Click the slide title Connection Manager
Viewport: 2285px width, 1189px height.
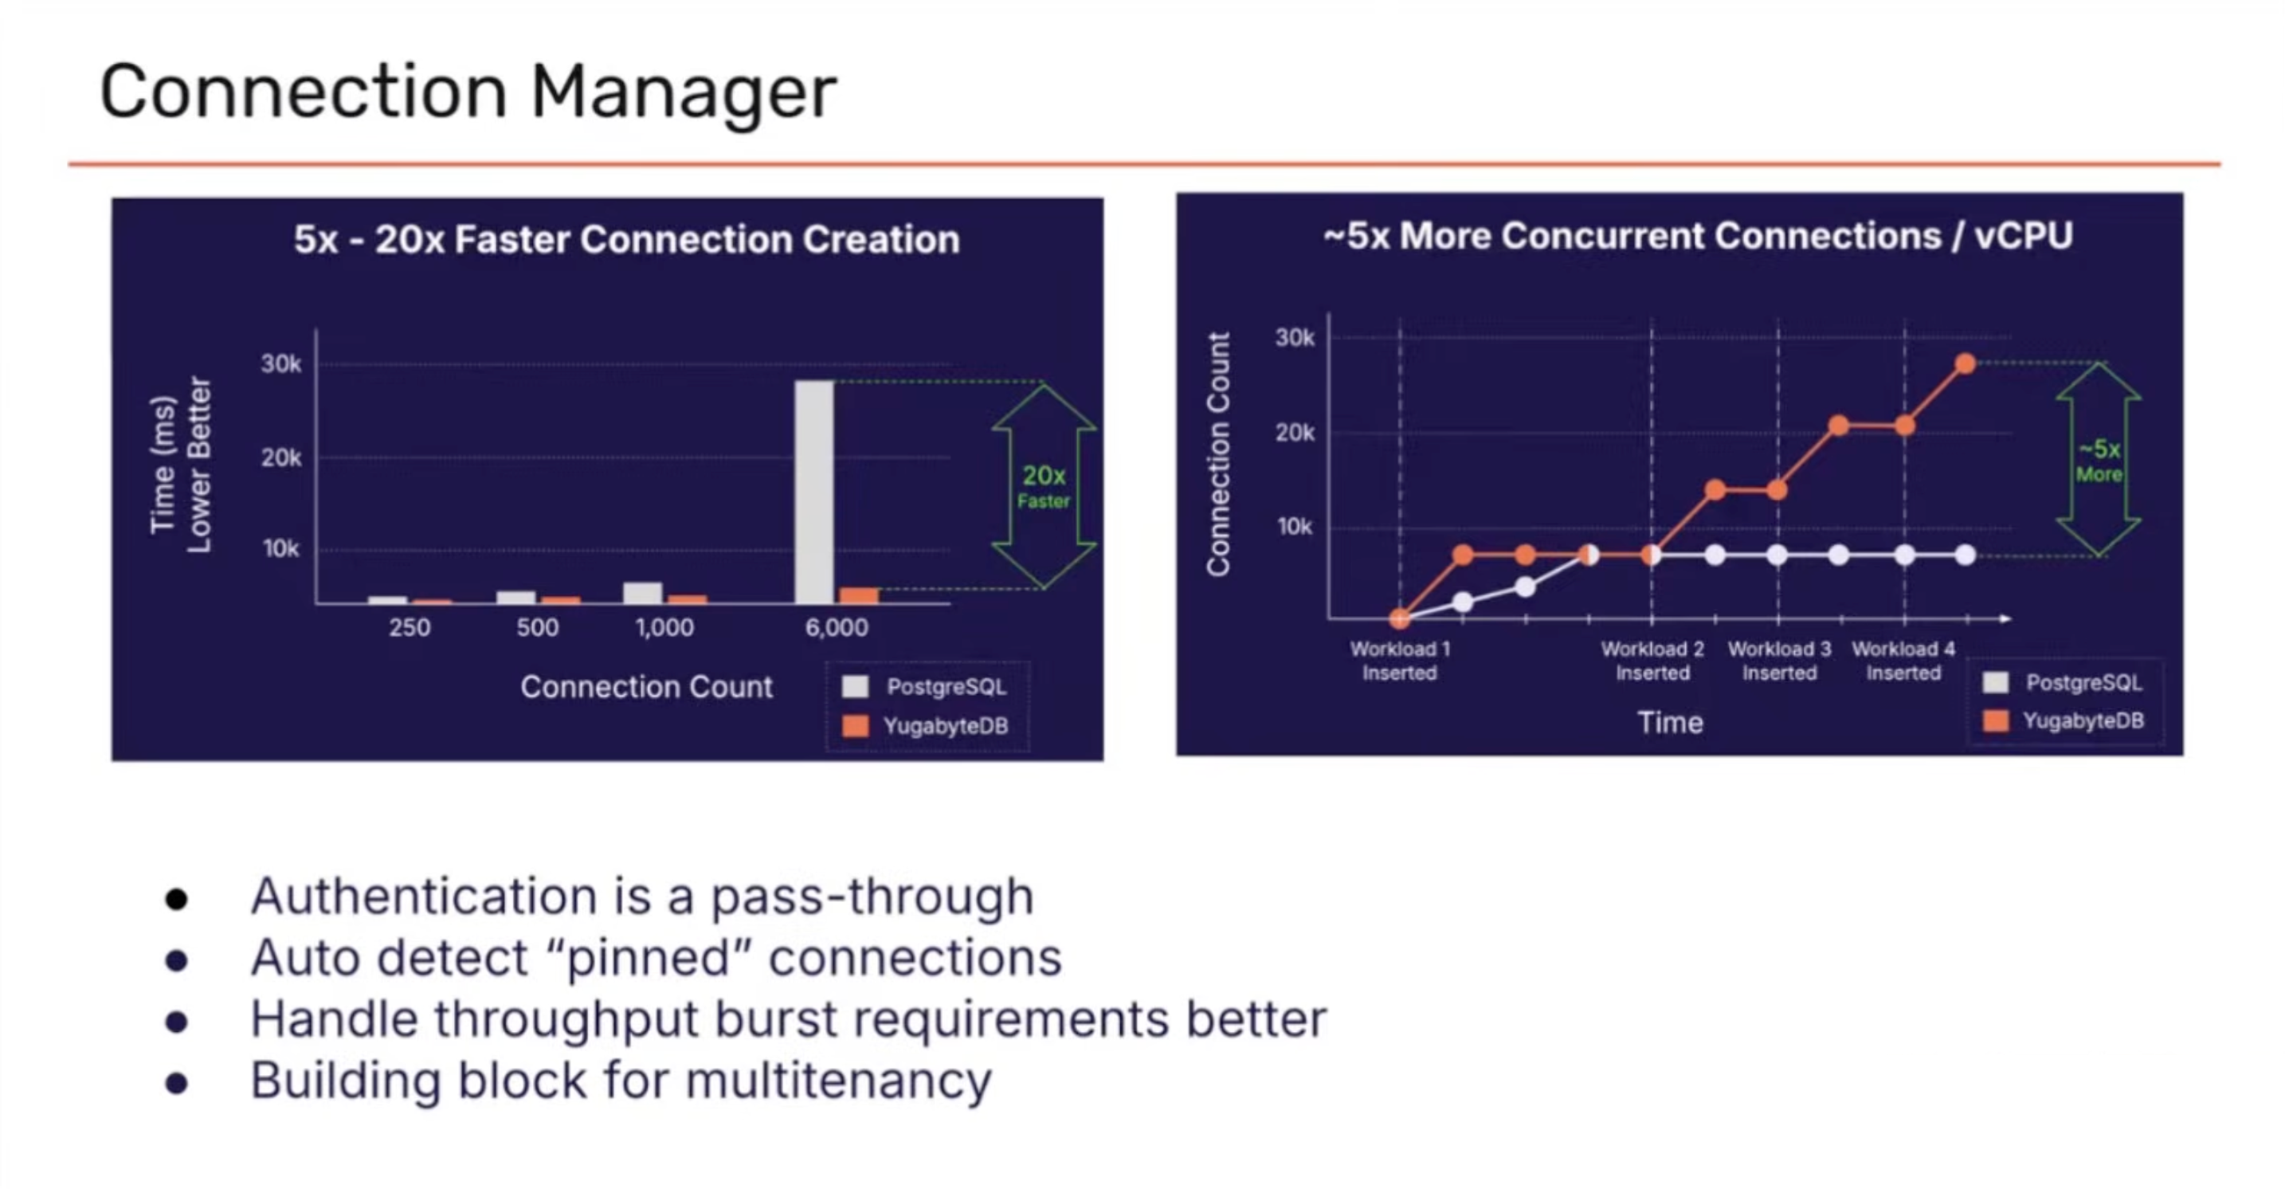[x=468, y=92]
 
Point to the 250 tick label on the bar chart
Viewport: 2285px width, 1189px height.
[x=409, y=627]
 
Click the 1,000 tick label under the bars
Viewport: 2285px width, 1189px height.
[x=664, y=627]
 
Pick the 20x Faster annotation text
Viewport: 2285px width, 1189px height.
[x=1043, y=487]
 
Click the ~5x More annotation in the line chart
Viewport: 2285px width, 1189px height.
[x=2098, y=461]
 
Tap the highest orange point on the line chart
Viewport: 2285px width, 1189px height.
[x=1965, y=364]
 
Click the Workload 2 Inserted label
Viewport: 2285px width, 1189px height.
[x=1652, y=660]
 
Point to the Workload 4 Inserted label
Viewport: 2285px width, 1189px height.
[x=1903, y=660]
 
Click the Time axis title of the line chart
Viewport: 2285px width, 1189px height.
[x=1669, y=722]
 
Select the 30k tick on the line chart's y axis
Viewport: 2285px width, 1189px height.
[x=1294, y=337]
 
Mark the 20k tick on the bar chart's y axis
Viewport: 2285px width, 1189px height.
[x=281, y=458]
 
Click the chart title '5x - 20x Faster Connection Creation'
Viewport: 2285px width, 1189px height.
[x=626, y=240]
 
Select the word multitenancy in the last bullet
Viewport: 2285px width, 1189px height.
[x=838, y=1081]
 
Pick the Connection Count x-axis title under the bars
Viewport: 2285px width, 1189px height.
[x=646, y=687]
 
